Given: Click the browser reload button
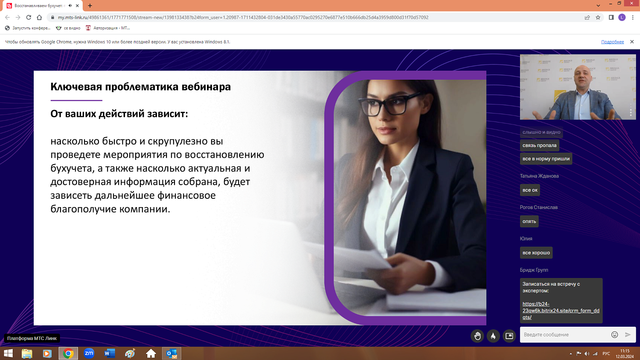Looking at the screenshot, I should (x=29, y=17).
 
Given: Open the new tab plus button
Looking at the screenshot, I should (x=90, y=6).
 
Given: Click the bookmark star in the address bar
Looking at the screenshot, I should (x=598, y=17).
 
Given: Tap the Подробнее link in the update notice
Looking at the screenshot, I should (x=612, y=42).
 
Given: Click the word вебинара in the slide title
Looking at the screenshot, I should (x=206, y=87).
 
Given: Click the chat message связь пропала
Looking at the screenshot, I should (x=539, y=145).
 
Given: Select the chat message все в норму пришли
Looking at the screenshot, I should (x=546, y=159).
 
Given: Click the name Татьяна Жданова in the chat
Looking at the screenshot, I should (x=539, y=176).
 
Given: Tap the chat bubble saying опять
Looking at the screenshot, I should (x=529, y=221).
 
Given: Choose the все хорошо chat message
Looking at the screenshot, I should (x=536, y=253).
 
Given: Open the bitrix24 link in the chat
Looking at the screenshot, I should (x=561, y=311).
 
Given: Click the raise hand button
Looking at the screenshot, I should (x=477, y=336).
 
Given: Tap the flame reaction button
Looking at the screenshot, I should (x=493, y=336).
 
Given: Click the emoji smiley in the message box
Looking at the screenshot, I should (x=614, y=335).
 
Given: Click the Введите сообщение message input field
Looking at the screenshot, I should (x=564, y=335).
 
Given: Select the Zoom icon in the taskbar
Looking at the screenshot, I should (x=89, y=353).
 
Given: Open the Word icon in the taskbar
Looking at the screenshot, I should (x=109, y=353).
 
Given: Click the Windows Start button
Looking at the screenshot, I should (x=8, y=353).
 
